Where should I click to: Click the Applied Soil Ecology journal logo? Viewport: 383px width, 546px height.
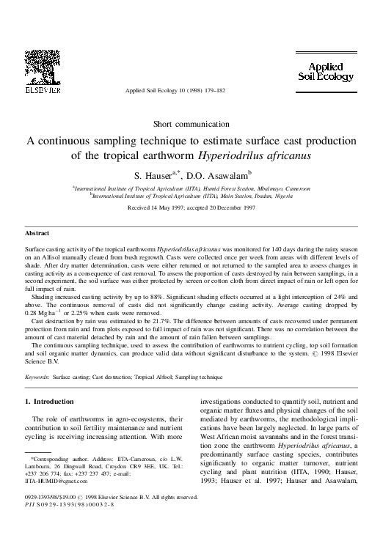329,71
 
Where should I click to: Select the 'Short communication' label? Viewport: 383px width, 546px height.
191,122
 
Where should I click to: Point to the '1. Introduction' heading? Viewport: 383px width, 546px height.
49,402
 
